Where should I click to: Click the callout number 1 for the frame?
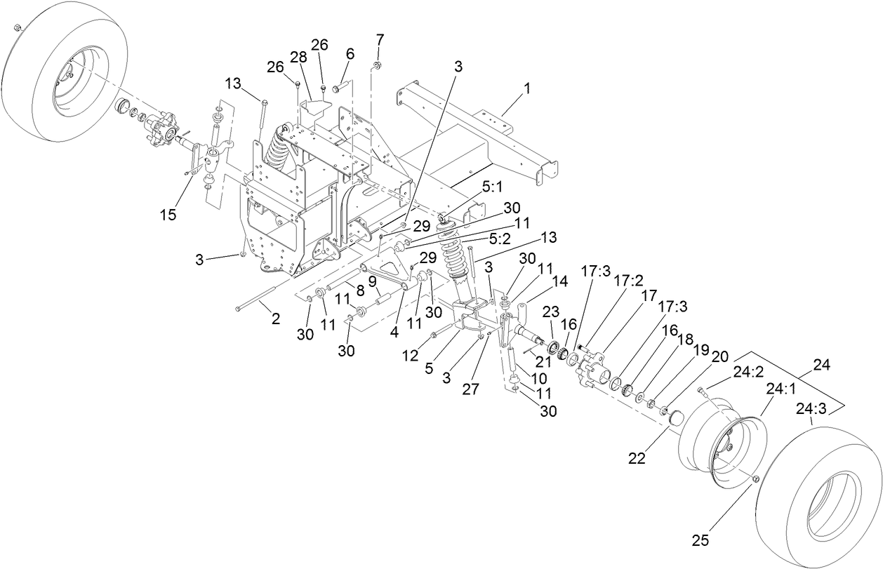[x=526, y=89]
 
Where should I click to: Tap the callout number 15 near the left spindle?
[x=168, y=215]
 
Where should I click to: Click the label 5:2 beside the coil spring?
[x=500, y=239]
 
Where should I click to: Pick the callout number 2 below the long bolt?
[x=275, y=319]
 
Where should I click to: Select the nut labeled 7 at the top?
[x=377, y=65]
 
